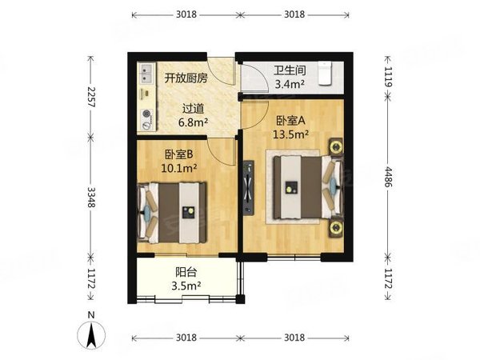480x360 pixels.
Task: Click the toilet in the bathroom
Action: [325, 74]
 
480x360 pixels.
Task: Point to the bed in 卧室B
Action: [174, 213]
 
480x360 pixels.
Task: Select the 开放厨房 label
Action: [186, 78]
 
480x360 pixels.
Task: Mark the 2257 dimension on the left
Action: [92, 99]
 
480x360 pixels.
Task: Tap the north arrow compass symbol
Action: [93, 334]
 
